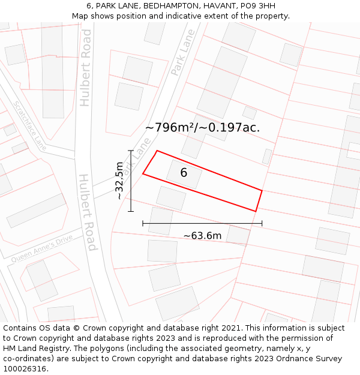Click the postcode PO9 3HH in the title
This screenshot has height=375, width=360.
[257, 6]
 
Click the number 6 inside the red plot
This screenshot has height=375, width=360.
[184, 173]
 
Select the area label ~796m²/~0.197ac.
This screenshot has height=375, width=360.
[202, 127]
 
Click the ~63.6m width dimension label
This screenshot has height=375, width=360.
[202, 236]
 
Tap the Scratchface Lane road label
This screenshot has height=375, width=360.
[29, 125]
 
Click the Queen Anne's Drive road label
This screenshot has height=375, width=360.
[42, 248]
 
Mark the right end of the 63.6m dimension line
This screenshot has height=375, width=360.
[262, 224]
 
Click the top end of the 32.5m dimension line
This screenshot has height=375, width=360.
[131, 151]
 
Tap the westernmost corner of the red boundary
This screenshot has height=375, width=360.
[143, 174]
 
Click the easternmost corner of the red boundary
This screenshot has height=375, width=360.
[262, 191]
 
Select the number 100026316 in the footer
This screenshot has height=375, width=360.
[25, 369]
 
